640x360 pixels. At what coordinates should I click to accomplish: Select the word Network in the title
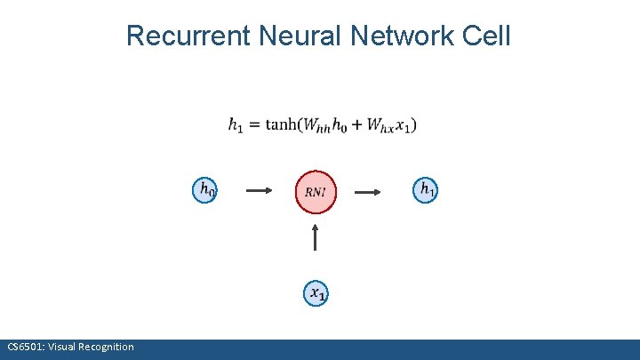pos(403,36)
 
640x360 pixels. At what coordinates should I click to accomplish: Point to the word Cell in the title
pos(487,36)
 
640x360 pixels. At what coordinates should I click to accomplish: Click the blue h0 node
pos(205,189)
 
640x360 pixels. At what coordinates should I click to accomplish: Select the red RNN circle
pos(316,191)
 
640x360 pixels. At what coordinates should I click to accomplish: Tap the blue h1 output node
pos(426,188)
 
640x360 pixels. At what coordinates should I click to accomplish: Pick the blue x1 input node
pos(316,292)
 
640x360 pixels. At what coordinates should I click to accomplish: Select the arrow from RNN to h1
pos(370,190)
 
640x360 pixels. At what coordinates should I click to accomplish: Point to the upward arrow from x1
pos(316,238)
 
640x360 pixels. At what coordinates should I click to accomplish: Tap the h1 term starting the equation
pos(236,126)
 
